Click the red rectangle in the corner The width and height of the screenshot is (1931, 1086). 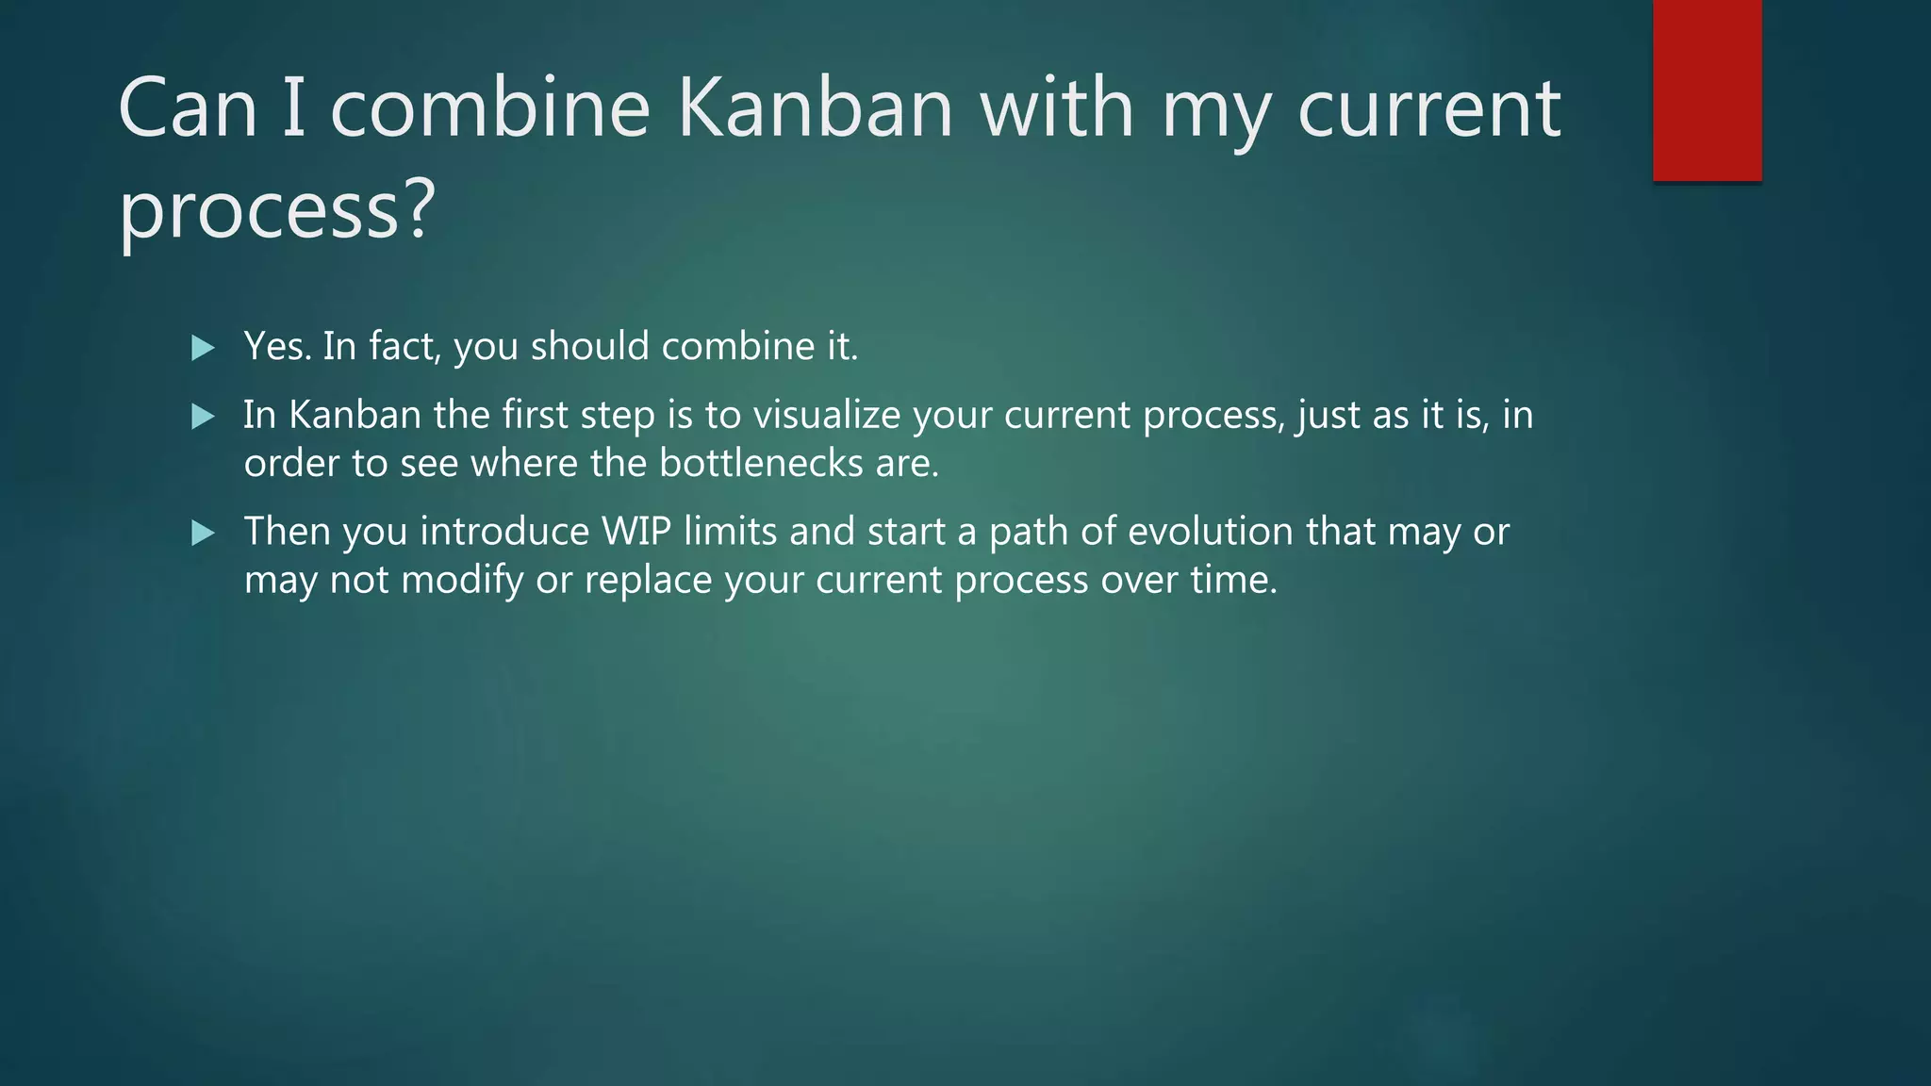point(1707,90)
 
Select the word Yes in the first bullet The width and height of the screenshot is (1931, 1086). point(275,347)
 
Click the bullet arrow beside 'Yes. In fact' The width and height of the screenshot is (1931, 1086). point(203,348)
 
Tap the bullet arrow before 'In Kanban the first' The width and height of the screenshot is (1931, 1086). point(203,417)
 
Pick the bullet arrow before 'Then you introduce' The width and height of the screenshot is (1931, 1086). point(203,534)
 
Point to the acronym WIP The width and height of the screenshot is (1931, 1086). point(636,533)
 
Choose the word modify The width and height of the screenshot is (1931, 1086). point(462,580)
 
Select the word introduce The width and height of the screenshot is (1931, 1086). point(504,533)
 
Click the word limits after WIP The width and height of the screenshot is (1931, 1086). point(731,533)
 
